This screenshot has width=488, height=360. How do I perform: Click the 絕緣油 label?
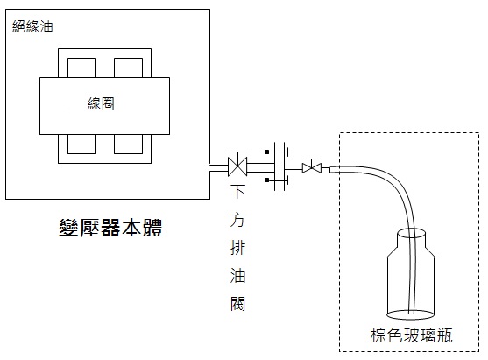point(32,26)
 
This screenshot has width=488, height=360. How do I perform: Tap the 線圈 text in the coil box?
point(101,103)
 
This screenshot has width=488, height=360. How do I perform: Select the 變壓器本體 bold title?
point(110,228)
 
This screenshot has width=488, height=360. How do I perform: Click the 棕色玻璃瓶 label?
point(411,335)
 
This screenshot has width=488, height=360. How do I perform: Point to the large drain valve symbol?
point(237,165)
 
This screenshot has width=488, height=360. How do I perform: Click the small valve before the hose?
point(312,166)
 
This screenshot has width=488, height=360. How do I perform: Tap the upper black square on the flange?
point(266,152)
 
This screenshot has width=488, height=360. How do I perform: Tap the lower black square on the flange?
point(266,180)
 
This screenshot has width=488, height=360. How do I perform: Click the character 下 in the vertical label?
point(237,192)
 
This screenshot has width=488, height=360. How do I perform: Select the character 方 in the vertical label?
point(237,220)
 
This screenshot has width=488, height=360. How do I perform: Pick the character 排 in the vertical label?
point(237,248)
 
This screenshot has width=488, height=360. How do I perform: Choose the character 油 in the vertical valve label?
point(237,276)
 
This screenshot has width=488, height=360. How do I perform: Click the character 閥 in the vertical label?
point(237,304)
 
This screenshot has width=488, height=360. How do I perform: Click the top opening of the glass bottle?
point(412,233)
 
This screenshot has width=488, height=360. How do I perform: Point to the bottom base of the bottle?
point(410,314)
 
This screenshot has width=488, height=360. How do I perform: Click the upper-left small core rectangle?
point(81,67)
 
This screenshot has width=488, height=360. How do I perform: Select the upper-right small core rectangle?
point(128,67)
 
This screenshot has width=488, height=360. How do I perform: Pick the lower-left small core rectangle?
point(81,144)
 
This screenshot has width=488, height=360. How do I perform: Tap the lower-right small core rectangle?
point(128,144)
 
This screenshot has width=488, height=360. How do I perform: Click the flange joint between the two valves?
point(279,166)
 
